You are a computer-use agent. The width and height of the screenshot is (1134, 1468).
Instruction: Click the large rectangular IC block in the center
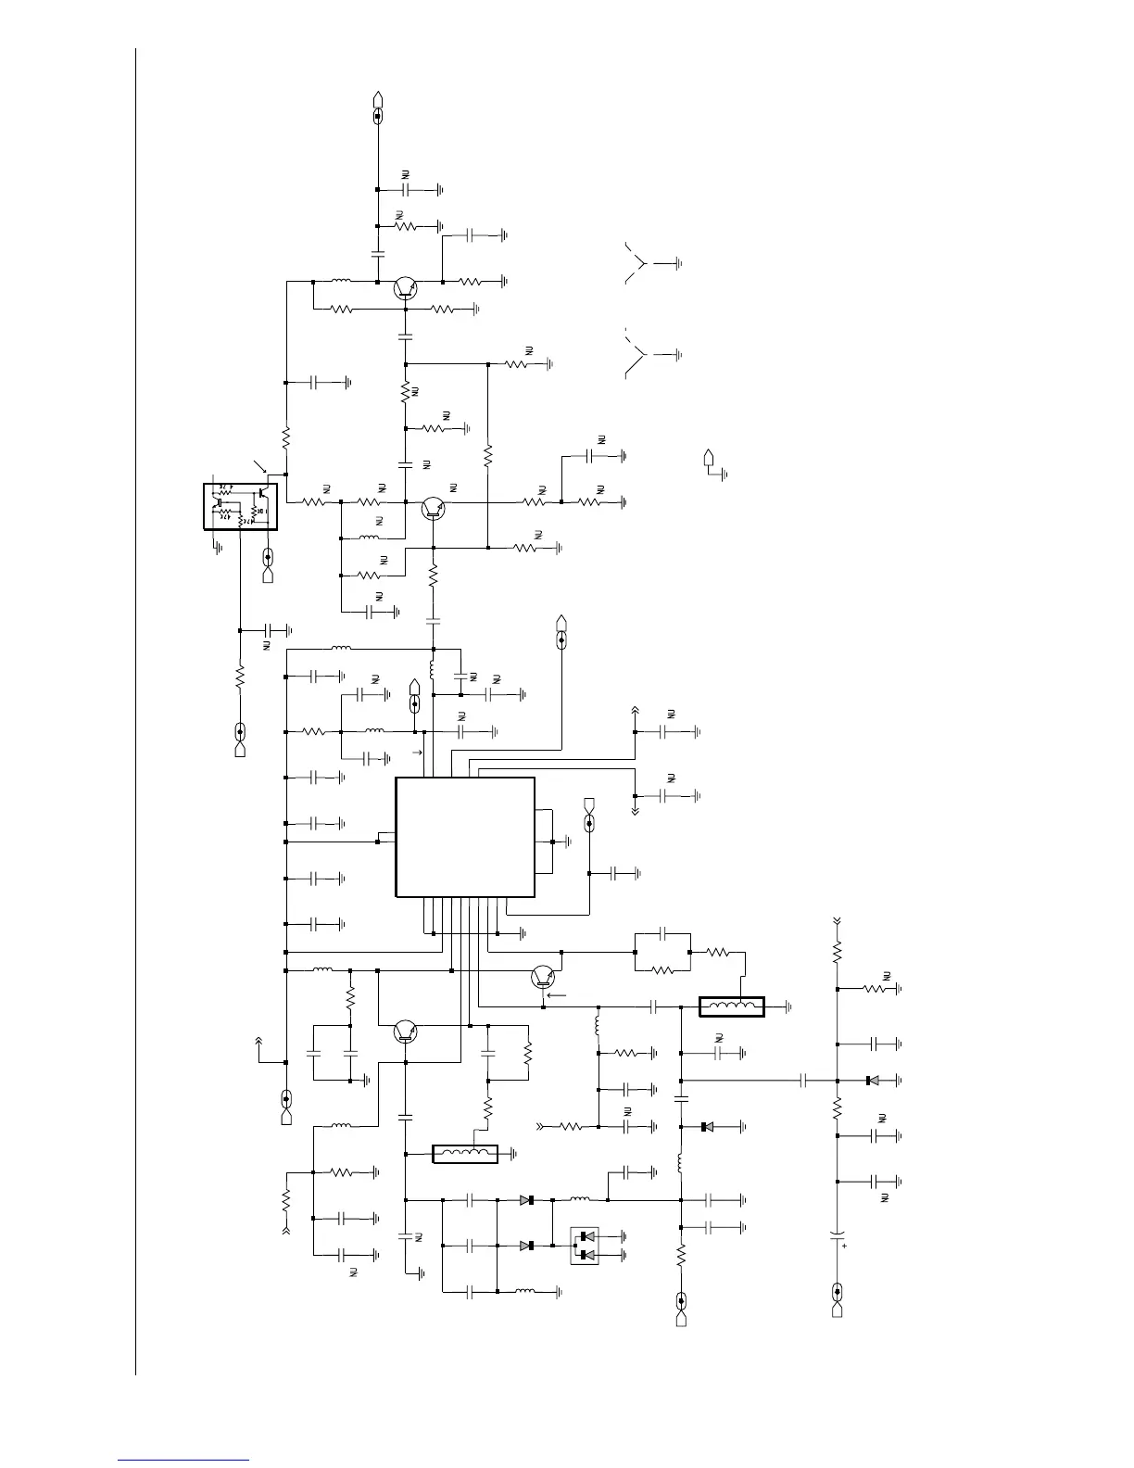pos(465,837)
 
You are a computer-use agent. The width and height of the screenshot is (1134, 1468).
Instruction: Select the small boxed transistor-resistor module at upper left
pos(240,506)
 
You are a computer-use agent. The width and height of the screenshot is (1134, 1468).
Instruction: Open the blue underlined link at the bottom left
pos(183,1459)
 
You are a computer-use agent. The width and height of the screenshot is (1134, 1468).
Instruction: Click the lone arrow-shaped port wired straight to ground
pos(710,458)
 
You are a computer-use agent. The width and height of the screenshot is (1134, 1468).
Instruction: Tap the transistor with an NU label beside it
pos(433,507)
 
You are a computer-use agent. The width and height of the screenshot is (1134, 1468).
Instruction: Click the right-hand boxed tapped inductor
pos(732,1006)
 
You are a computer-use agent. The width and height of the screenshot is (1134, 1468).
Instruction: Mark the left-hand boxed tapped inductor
pos(465,1154)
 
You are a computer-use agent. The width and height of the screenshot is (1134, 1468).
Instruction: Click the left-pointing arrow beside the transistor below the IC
pos(557,995)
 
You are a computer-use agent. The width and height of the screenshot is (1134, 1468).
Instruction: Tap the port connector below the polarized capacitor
pos(838,1298)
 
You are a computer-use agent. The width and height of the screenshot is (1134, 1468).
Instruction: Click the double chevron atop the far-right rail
pos(838,920)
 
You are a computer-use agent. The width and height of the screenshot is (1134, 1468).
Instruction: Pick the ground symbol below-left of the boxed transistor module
pos(217,548)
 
